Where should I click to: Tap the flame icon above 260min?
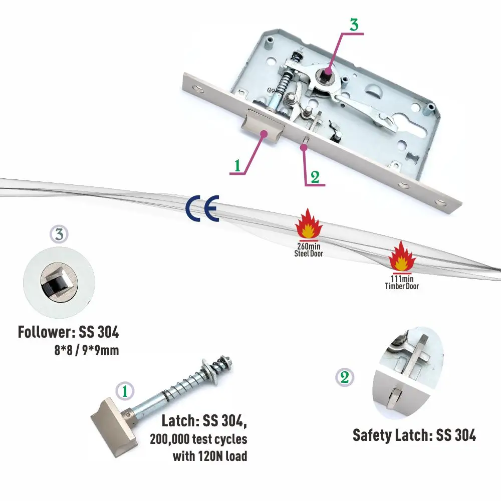pos(309,225)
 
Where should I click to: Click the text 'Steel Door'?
pos(309,254)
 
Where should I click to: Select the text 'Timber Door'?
pos(402,286)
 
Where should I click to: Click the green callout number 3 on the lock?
pos(354,25)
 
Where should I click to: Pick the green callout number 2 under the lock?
pos(315,176)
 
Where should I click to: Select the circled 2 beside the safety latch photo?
pos(345,377)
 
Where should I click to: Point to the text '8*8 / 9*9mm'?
pos(87,350)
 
